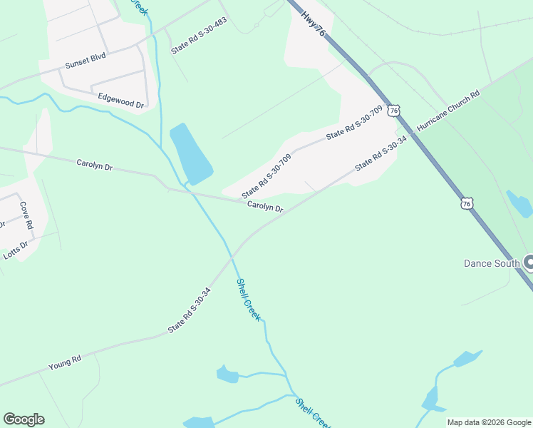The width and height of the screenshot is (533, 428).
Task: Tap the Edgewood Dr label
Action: click(121, 101)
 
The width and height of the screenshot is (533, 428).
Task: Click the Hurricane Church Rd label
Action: click(448, 111)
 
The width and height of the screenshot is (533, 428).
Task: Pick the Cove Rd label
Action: click(26, 215)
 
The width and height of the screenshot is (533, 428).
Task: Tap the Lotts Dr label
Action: click(15, 250)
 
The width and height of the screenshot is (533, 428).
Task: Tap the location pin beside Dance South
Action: click(529, 263)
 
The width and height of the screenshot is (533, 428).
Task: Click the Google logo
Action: click(24, 419)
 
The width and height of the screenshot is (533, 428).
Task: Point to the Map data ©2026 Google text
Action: click(489, 422)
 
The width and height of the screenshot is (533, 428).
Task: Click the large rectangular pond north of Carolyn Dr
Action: click(190, 153)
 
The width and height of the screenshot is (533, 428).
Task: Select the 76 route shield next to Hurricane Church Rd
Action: click(395, 111)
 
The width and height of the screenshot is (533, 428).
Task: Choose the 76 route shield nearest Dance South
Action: click(466, 203)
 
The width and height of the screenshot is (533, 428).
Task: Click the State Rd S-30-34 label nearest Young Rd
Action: click(190, 310)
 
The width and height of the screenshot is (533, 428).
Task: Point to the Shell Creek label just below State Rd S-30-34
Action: click(248, 299)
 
